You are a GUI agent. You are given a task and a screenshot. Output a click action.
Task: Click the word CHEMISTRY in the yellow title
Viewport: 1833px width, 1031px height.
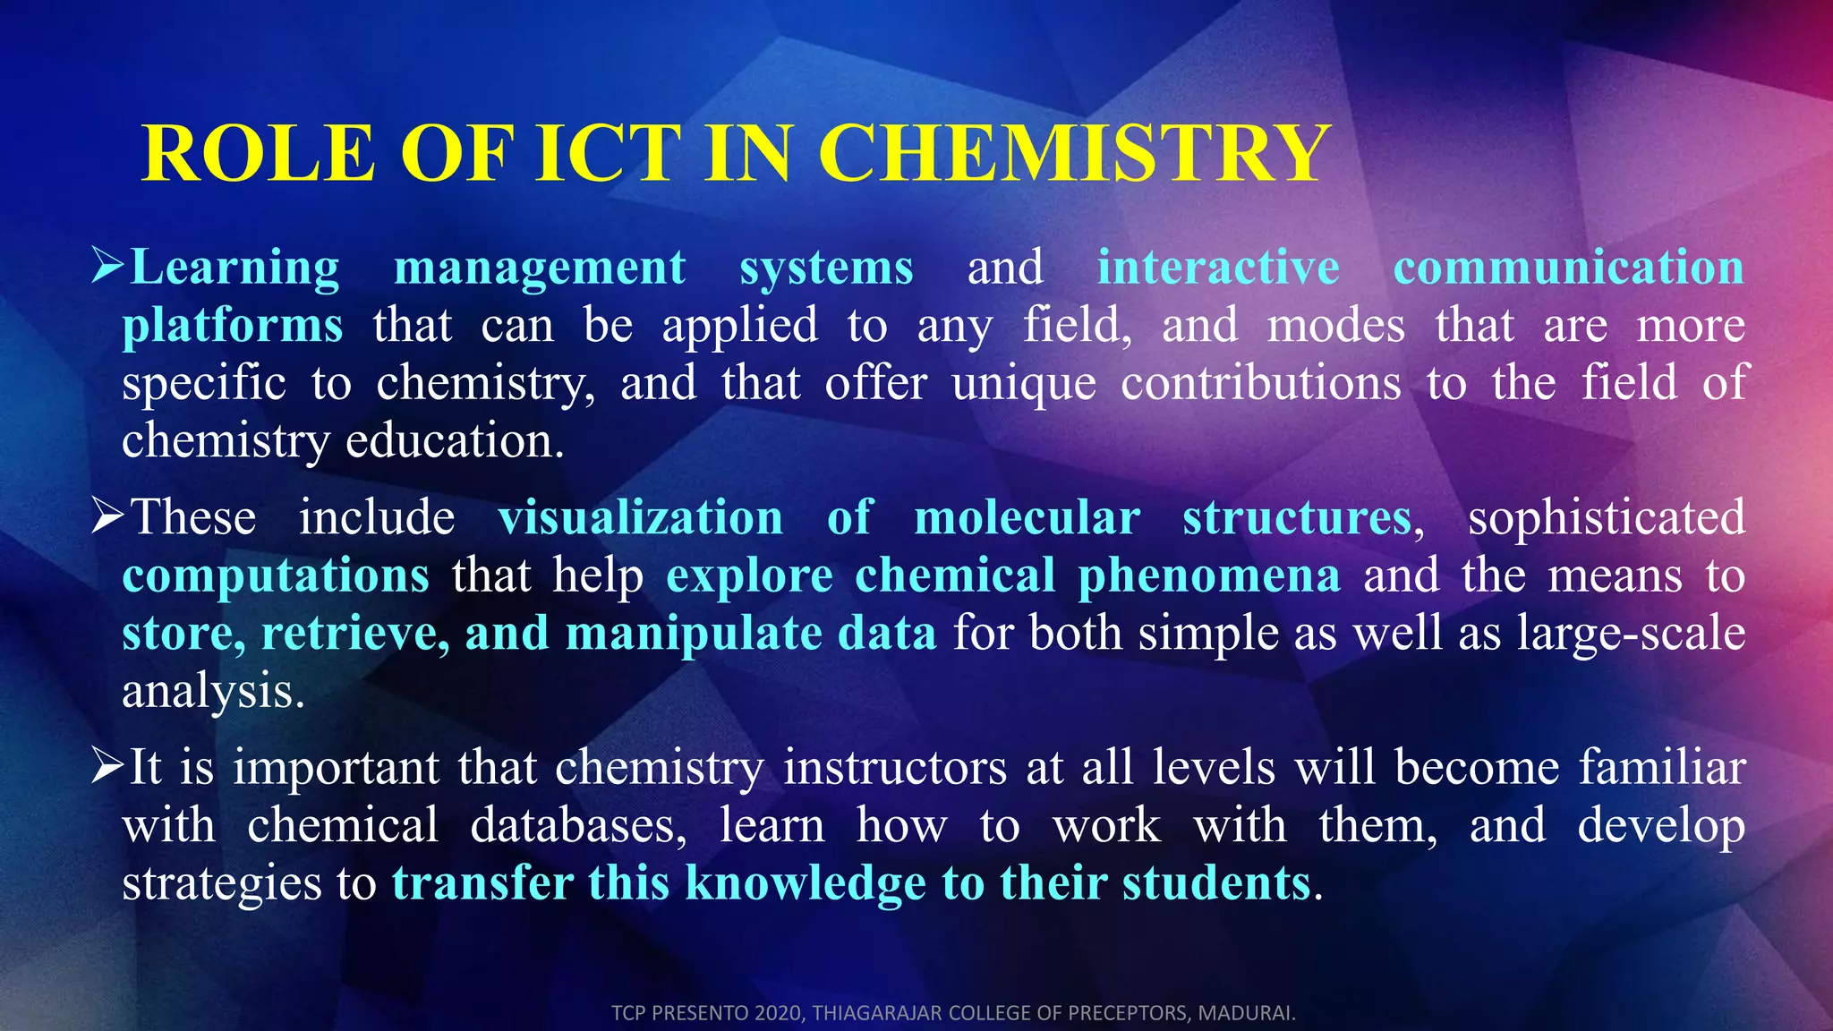click(x=1075, y=153)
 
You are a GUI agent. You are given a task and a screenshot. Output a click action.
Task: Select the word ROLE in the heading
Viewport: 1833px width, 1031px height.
click(x=259, y=153)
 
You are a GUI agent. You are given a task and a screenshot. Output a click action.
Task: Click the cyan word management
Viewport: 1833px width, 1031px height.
click(x=540, y=268)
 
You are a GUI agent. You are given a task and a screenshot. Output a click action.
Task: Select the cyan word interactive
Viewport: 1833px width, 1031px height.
click(x=1218, y=267)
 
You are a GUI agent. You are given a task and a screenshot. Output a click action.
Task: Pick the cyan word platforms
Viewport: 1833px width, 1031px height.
click(x=233, y=326)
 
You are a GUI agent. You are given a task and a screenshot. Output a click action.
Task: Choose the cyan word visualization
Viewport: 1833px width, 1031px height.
click(x=640, y=517)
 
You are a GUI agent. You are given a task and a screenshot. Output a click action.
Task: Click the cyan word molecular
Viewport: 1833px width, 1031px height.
click(x=1027, y=517)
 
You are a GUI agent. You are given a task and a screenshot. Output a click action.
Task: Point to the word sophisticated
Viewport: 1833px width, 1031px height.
click(x=1606, y=519)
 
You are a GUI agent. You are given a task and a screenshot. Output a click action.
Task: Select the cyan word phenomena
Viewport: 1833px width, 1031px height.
click(x=1209, y=576)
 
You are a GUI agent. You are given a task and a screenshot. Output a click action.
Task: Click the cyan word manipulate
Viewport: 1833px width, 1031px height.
click(x=694, y=635)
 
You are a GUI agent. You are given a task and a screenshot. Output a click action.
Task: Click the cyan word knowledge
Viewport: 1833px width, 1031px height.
click(x=806, y=884)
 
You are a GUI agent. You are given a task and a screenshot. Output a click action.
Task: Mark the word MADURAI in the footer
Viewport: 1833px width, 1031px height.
click(x=1247, y=1013)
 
